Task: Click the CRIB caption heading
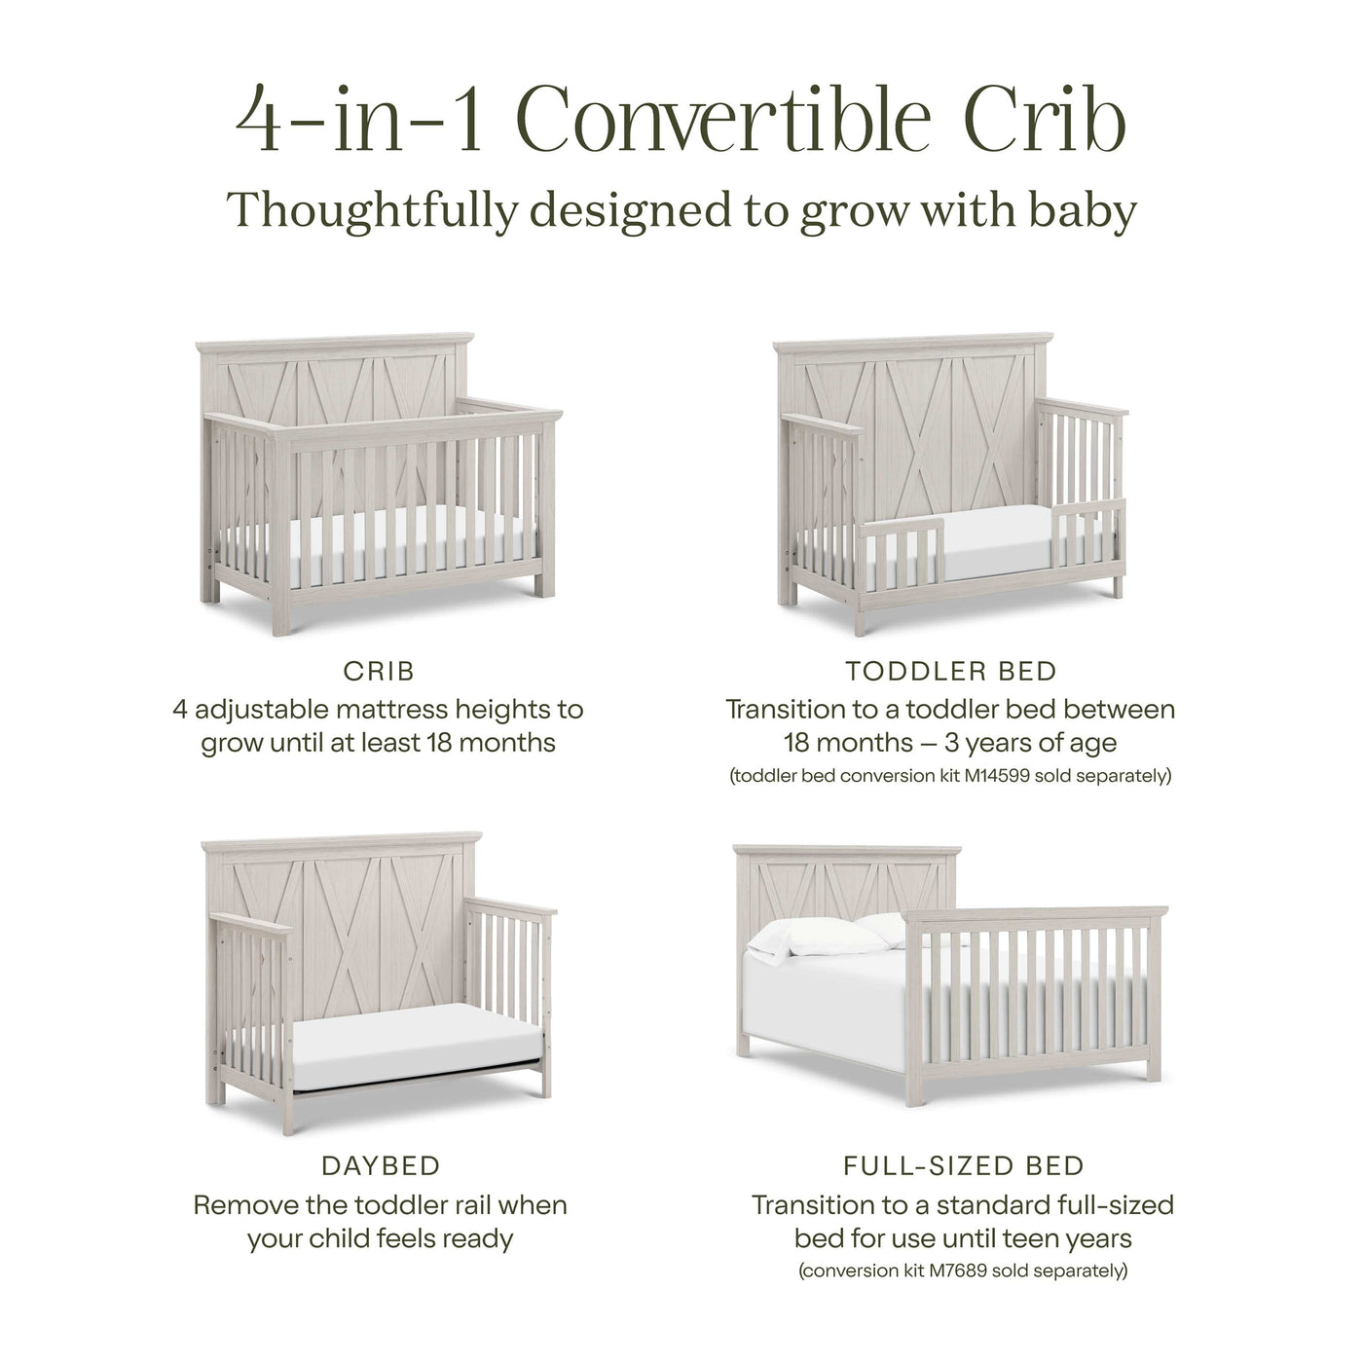pos(379,671)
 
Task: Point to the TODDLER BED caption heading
pos(950,671)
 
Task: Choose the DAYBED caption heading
pos(380,1165)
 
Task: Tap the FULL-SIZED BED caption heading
pos(963,1165)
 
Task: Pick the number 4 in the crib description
pos(180,709)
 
